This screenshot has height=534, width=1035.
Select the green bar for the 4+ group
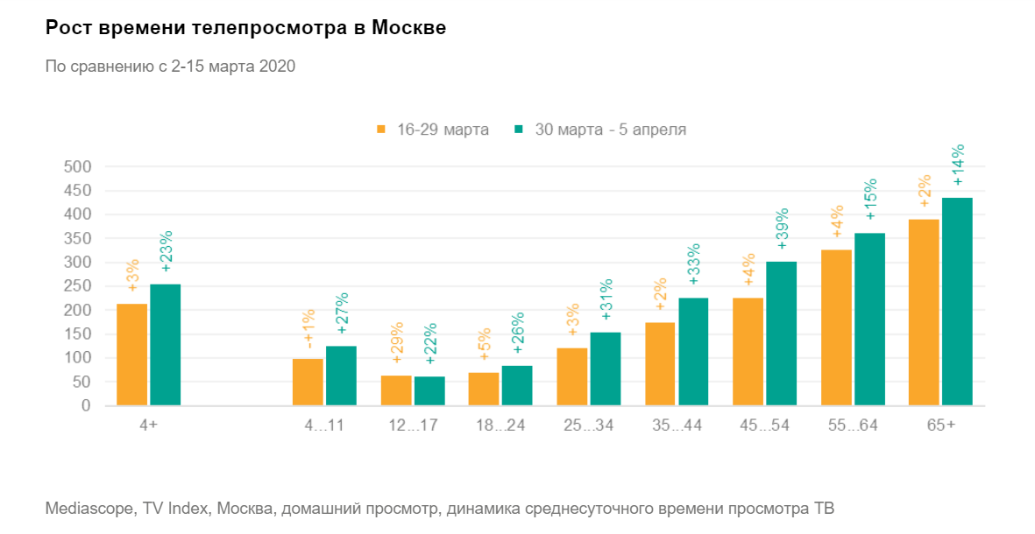point(165,345)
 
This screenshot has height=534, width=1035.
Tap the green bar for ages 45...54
point(781,334)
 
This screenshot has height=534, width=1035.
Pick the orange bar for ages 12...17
point(396,390)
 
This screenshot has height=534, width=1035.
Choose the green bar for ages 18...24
point(517,386)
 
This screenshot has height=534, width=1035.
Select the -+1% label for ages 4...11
point(308,328)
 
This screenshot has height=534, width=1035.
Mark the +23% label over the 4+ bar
point(166,252)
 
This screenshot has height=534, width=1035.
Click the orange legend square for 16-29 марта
point(381,130)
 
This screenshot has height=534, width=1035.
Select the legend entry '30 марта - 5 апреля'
point(610,130)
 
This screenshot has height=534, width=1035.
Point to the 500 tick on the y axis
point(76,166)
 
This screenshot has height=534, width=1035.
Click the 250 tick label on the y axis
point(76,286)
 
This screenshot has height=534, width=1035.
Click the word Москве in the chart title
point(409,28)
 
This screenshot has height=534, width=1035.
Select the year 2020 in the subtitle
point(278,66)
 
